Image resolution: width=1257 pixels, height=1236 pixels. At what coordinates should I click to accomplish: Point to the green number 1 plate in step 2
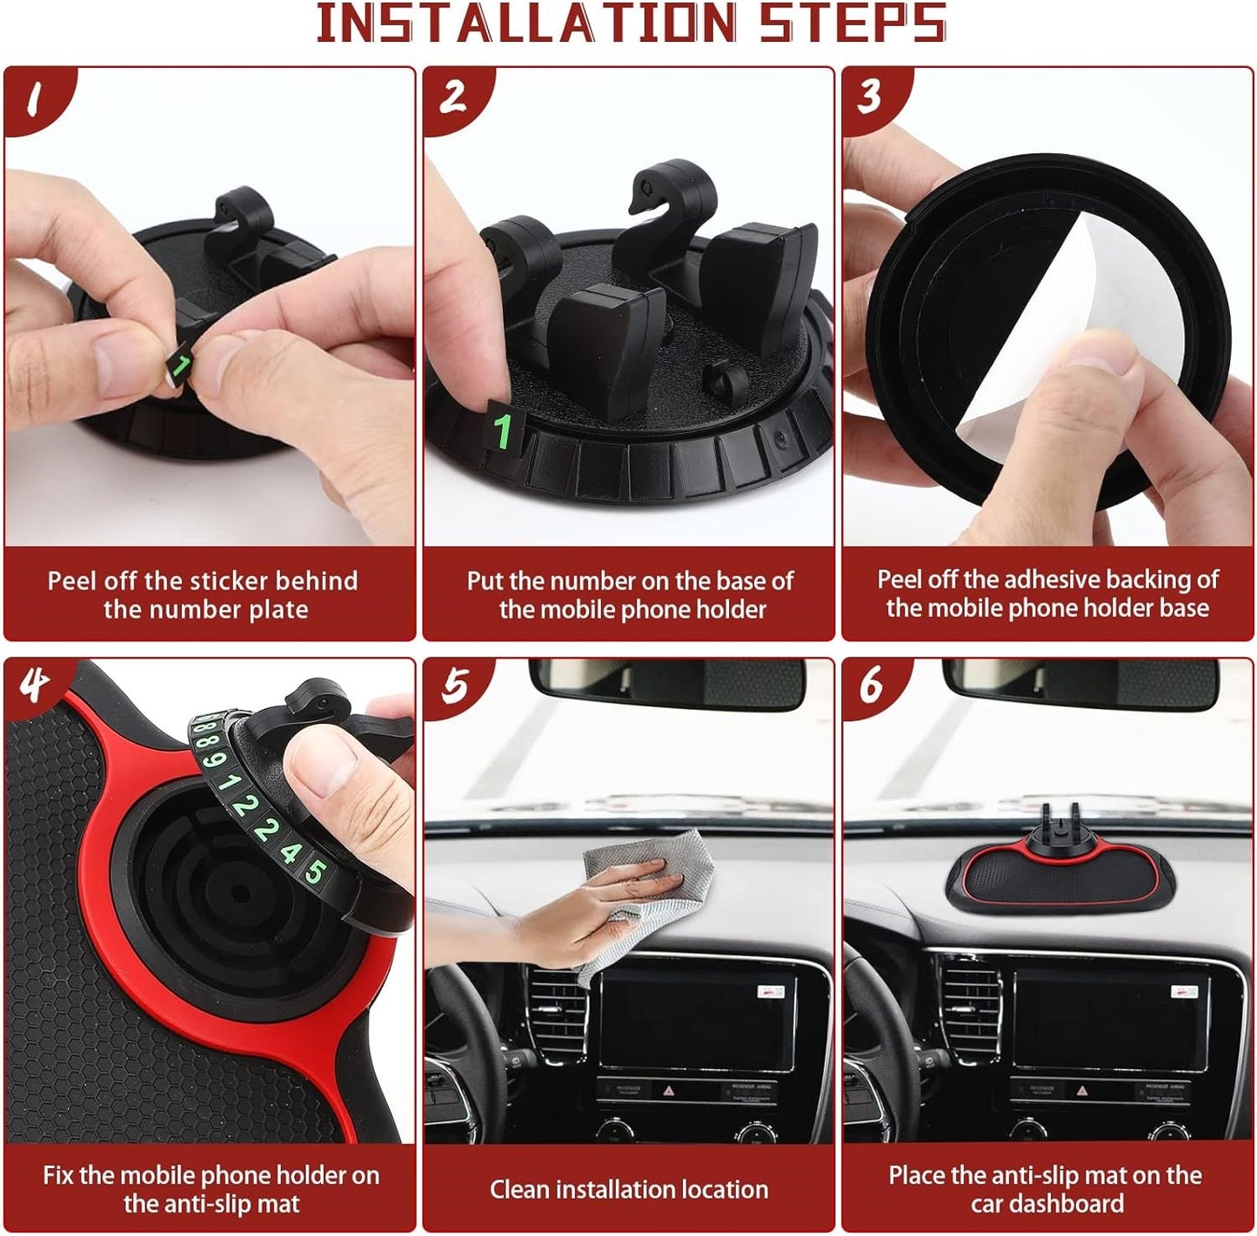(503, 430)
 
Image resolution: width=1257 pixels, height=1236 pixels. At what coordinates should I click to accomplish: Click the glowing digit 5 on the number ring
(316, 871)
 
